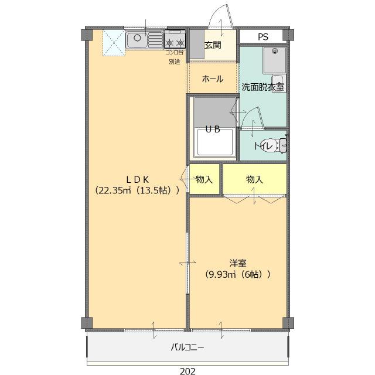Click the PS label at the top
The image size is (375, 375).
[263, 36]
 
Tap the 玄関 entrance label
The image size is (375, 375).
[213, 46]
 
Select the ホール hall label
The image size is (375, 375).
[212, 79]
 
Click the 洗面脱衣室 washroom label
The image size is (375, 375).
[263, 87]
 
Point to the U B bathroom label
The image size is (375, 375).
[212, 130]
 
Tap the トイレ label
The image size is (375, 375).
[263, 146]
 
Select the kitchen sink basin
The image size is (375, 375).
[137, 40]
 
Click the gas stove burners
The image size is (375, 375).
[174, 42]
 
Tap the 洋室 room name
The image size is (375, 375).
[237, 262]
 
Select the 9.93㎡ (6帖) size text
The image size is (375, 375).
[237, 274]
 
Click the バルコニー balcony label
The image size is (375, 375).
[187, 347]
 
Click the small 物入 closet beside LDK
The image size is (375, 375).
[204, 180]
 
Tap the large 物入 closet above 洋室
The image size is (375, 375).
[254, 179]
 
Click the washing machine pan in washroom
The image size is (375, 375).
[272, 59]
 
